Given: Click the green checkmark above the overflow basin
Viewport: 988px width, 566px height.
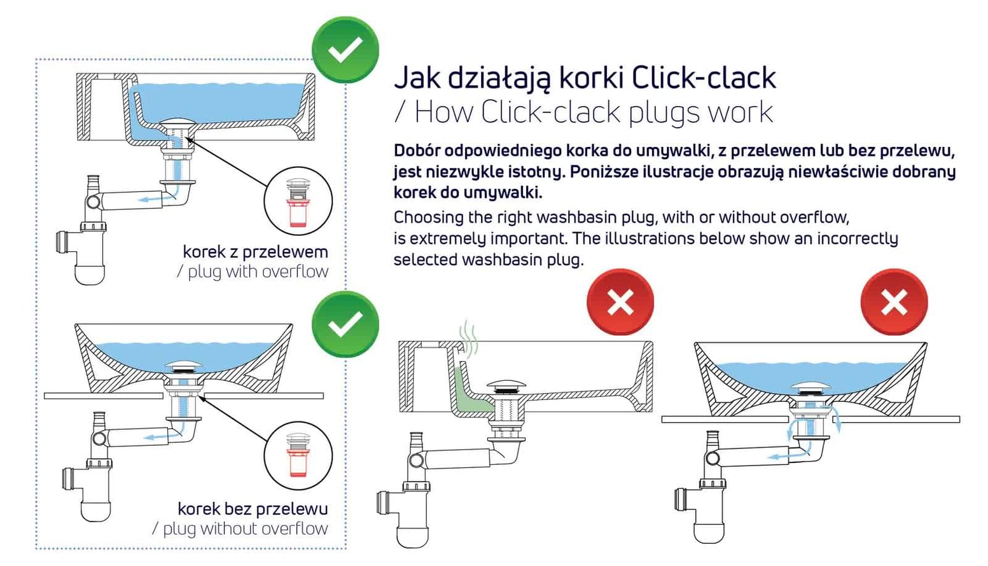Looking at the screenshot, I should [345, 50].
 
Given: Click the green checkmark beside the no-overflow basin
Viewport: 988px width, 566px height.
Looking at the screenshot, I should [345, 324].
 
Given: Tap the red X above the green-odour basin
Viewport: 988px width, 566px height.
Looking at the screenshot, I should [620, 302].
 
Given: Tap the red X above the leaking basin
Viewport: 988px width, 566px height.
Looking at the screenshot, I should [893, 302].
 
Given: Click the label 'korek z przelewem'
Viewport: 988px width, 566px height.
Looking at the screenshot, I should [255, 252].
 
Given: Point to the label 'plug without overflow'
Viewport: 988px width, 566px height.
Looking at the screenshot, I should [245, 528].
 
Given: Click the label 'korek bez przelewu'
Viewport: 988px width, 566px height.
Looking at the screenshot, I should [253, 509].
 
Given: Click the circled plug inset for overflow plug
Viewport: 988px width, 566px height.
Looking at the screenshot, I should [298, 200].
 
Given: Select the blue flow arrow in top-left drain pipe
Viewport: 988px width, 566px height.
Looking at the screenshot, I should [155, 199].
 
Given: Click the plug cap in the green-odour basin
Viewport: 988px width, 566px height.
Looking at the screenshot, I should [506, 385].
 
